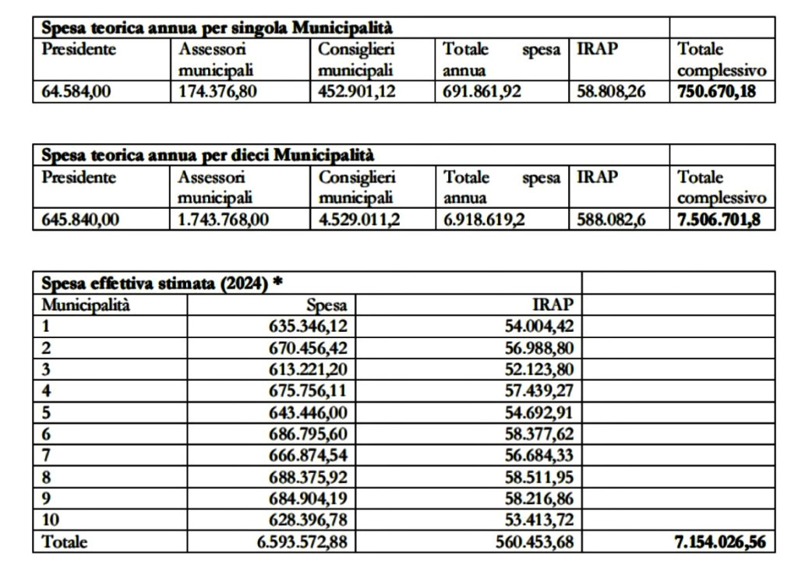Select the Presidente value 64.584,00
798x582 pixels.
[x=76, y=92]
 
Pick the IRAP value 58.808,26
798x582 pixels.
[x=611, y=92]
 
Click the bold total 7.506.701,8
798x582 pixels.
[x=715, y=220]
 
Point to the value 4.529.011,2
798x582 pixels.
[x=359, y=220]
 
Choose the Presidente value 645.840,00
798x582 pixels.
[x=80, y=220]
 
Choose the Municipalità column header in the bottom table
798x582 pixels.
[x=86, y=305]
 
